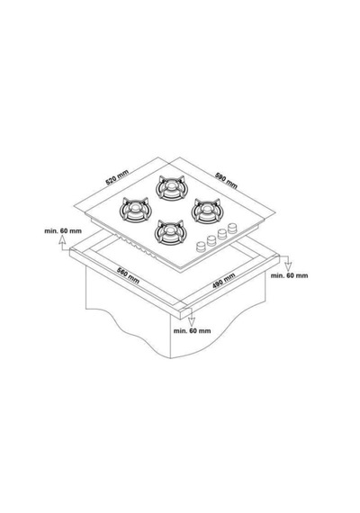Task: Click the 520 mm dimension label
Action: click(x=117, y=176)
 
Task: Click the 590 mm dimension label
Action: click(x=226, y=180)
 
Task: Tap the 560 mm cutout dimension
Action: click(x=129, y=275)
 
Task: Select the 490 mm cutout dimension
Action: click(x=224, y=281)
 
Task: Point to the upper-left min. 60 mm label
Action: click(x=63, y=231)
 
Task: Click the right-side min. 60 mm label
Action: click(x=289, y=275)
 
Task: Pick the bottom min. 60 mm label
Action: click(x=192, y=330)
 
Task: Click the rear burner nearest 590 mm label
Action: click(x=170, y=187)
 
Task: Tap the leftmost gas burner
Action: click(x=134, y=209)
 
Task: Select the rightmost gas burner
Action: click(x=206, y=210)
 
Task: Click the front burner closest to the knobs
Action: click(x=170, y=232)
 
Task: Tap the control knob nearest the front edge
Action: click(x=201, y=247)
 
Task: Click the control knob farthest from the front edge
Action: click(x=232, y=228)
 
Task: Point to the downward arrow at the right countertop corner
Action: click(x=287, y=262)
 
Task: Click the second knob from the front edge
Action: click(x=211, y=240)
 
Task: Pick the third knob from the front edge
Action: click(x=222, y=234)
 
